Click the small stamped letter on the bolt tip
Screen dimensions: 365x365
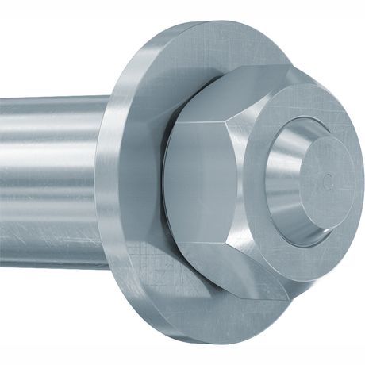326,184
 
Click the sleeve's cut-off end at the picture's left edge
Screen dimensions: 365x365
2,182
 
